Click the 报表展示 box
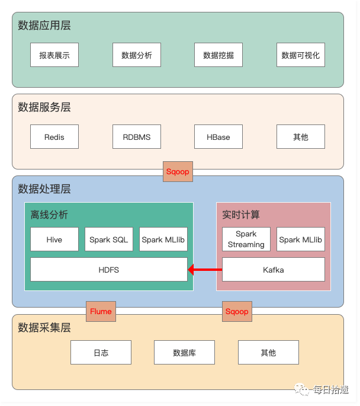[54, 55]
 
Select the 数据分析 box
[137, 55]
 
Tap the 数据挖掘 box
[218, 55]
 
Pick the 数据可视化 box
[300, 55]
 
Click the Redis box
[54, 137]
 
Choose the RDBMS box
[137, 137]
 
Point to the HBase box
[218, 137]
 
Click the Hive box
[54, 239]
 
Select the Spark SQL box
[108, 239]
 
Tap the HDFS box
[108, 270]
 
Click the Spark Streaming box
[246, 239]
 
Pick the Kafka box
[273, 270]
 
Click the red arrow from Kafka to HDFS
[205, 270]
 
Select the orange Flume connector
[101, 311]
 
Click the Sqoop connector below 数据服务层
[178, 172]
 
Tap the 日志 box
[101, 353]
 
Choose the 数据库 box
[184, 353]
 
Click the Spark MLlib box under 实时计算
[300, 239]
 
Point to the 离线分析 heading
[50, 215]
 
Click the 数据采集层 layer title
[44, 327]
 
